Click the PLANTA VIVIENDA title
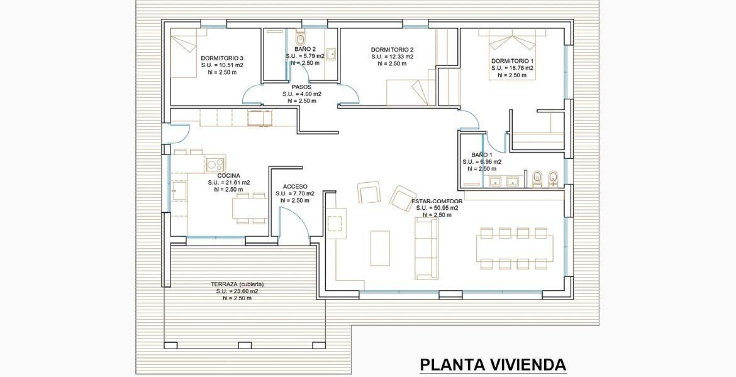click(493, 364)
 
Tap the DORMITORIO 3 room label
click(222, 58)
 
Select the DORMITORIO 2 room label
click(392, 50)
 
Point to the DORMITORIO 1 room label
click(512, 61)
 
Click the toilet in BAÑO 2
click(301, 38)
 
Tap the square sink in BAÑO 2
click(331, 54)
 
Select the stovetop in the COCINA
click(215, 164)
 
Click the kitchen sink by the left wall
click(179, 191)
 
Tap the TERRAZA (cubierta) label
click(237, 284)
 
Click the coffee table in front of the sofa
click(380, 248)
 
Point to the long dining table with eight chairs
click(514, 248)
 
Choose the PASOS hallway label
click(301, 87)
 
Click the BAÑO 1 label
click(482, 155)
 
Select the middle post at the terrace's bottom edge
click(244, 345)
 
